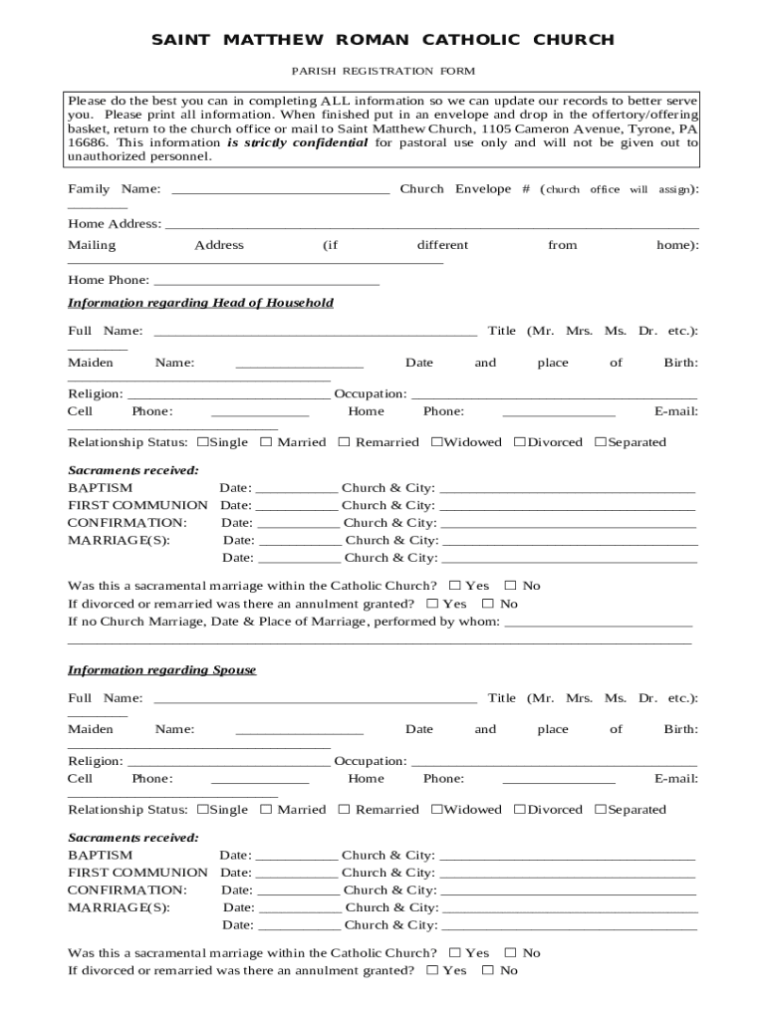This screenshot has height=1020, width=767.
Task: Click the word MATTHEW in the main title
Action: (x=274, y=40)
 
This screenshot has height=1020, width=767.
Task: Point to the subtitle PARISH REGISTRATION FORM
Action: (x=383, y=71)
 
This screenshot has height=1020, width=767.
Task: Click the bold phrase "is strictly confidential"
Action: (x=297, y=142)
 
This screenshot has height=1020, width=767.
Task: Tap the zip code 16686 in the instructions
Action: (x=87, y=142)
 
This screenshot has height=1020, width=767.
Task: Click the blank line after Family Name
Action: (x=281, y=189)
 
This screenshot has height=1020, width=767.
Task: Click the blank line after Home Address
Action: (x=431, y=224)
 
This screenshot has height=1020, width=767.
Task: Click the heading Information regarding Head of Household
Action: (x=200, y=303)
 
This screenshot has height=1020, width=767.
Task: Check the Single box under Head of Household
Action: (x=203, y=442)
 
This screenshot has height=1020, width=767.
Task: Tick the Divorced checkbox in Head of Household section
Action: (x=520, y=442)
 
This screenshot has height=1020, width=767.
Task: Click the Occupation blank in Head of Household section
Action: (x=554, y=394)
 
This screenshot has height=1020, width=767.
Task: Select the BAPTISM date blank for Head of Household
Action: (x=297, y=488)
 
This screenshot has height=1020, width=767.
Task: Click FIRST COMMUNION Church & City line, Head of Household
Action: (x=567, y=506)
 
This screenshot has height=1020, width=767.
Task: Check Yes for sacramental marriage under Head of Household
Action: (x=455, y=586)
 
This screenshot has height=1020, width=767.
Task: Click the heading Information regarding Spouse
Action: (x=161, y=670)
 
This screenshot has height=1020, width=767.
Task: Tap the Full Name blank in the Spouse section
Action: (x=315, y=698)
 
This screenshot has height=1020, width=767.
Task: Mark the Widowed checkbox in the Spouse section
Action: (x=436, y=810)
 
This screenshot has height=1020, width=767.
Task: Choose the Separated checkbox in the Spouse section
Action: (x=601, y=810)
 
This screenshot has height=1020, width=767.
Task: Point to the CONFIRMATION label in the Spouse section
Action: (x=127, y=891)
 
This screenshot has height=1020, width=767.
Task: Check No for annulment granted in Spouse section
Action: (x=488, y=970)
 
